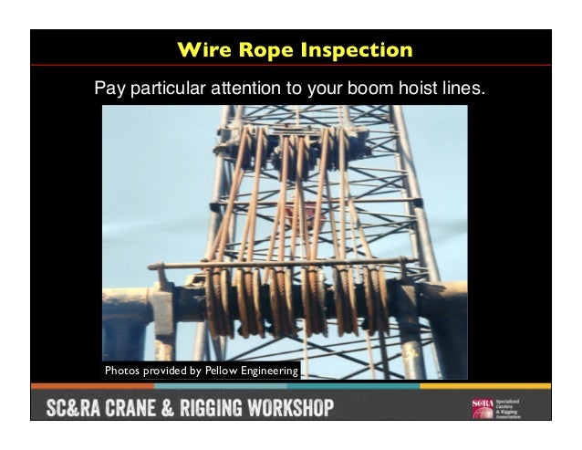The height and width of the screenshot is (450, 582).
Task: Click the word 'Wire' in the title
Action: (x=203, y=49)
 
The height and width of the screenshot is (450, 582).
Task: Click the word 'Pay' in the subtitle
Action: (x=109, y=90)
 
